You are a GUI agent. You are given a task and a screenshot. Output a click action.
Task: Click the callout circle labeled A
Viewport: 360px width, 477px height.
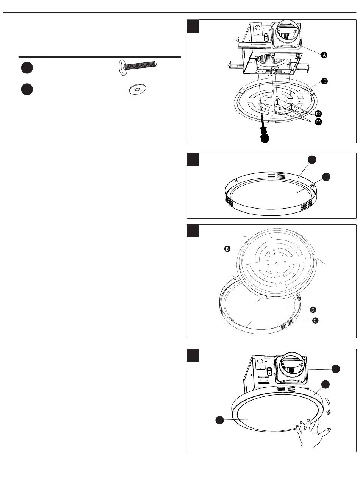pyautogui.click(x=324, y=55)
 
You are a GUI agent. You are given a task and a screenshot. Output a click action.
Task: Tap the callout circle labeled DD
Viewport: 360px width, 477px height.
pyautogui.click(x=318, y=114)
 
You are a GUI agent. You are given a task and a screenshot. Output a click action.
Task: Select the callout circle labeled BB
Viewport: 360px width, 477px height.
pyautogui.click(x=318, y=122)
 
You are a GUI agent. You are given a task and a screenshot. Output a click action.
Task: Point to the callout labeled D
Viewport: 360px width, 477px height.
pyautogui.click(x=313, y=310)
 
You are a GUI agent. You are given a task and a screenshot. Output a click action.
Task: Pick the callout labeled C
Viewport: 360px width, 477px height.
pyautogui.click(x=315, y=321)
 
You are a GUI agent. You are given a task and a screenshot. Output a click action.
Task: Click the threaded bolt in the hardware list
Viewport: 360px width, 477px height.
pyautogui.click(x=138, y=67)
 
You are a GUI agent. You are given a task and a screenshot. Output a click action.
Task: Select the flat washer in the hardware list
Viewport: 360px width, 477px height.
pyautogui.click(x=138, y=89)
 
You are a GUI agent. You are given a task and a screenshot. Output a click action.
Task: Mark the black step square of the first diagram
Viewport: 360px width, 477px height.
pyautogui.click(x=193, y=26)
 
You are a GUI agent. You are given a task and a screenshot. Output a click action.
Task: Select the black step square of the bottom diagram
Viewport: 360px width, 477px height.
pyautogui.click(x=193, y=355)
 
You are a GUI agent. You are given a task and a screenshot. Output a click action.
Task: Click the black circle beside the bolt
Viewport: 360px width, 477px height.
pyautogui.click(x=27, y=68)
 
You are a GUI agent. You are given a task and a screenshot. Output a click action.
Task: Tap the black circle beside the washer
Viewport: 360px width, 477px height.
pyautogui.click(x=27, y=89)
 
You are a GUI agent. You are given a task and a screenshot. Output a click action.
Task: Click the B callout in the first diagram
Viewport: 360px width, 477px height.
pyautogui.click(x=324, y=81)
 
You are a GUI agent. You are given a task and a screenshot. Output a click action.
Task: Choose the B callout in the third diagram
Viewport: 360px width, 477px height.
pyautogui.click(x=227, y=249)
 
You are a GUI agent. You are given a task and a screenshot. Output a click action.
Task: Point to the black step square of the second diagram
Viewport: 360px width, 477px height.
pyautogui.click(x=193, y=159)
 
